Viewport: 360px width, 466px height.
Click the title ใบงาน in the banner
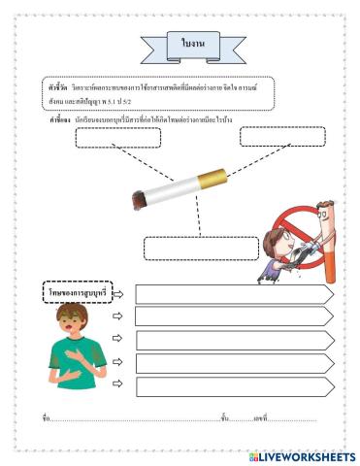(x=180, y=45)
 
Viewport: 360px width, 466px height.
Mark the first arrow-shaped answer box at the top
(x=234, y=294)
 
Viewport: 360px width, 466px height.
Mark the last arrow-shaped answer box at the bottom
(x=234, y=386)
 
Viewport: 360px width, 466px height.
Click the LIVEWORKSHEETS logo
(x=302, y=456)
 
